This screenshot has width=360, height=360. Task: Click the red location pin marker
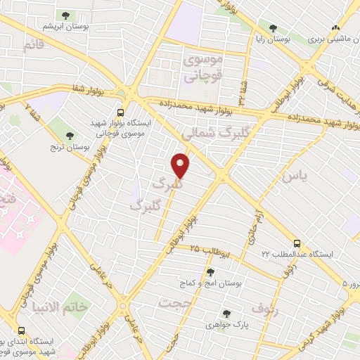(181, 166)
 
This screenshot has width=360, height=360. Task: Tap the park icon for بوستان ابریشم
(66, 15)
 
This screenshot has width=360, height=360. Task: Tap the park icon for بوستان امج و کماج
(210, 272)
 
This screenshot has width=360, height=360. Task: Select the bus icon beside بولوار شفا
(121, 112)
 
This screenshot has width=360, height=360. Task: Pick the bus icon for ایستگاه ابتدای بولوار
(21, 331)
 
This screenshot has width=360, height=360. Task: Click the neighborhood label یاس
(293, 177)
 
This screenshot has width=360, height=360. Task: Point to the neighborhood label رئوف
(265, 310)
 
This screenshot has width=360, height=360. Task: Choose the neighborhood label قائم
(33, 46)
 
